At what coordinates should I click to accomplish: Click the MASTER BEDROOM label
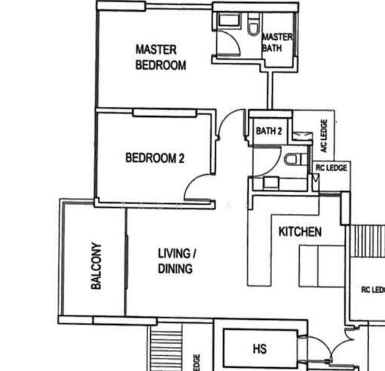(160, 57)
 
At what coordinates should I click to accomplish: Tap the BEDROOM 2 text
(154, 158)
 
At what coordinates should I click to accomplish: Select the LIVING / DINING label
(176, 261)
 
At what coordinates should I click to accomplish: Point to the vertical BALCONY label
(96, 266)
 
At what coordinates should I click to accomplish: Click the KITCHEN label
(300, 232)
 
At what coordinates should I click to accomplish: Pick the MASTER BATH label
(276, 42)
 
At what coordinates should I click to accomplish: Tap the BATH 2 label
(269, 131)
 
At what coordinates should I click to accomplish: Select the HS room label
(260, 349)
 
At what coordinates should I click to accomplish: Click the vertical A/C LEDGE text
(323, 136)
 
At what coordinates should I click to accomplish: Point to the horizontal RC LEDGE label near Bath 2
(331, 168)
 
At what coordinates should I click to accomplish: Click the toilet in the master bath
(252, 27)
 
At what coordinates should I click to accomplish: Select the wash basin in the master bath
(227, 20)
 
